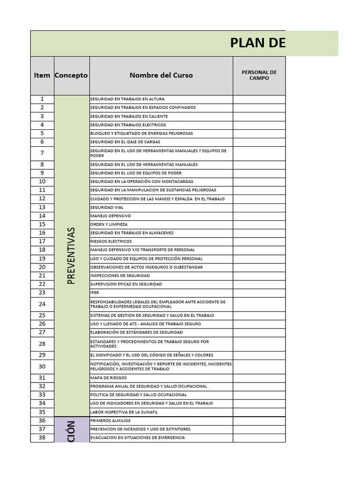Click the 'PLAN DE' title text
[257, 43]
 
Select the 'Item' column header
[42, 75]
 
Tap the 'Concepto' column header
[71, 75]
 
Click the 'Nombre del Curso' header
[161, 75]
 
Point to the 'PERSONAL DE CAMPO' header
[259, 75]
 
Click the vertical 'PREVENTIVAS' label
[71, 256]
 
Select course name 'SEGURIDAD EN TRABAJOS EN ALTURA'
[127, 99]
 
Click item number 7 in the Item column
[42, 153]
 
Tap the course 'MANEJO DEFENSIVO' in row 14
[111, 216]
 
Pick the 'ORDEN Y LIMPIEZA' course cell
[109, 225]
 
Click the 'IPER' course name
[95, 293]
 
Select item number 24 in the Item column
[42, 304]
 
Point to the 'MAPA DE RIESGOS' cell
[108, 378]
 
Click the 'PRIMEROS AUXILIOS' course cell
[111, 421]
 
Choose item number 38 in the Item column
[42, 438]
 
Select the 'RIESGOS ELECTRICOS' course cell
[111, 241]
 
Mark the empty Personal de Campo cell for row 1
[259, 99]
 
